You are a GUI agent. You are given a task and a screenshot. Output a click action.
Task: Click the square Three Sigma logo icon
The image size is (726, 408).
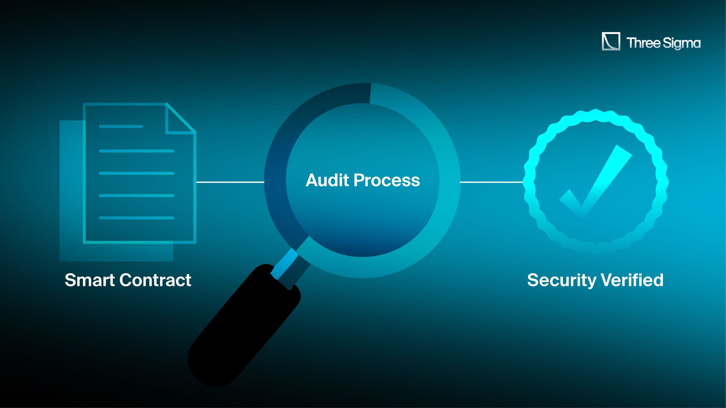[611, 41]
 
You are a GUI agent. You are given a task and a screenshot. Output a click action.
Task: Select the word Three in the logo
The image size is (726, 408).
[643, 43]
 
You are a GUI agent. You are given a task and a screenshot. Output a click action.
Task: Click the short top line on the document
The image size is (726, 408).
[121, 126]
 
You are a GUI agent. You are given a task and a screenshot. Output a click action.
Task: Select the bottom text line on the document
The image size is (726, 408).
[136, 218]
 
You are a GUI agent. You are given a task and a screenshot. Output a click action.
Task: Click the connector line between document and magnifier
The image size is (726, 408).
[230, 182]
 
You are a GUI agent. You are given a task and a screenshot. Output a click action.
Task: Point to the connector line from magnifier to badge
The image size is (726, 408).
[491, 182]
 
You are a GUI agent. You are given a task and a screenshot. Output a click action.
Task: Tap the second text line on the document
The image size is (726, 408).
[136, 151]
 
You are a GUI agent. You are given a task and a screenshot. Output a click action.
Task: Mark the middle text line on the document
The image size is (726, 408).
[136, 173]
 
